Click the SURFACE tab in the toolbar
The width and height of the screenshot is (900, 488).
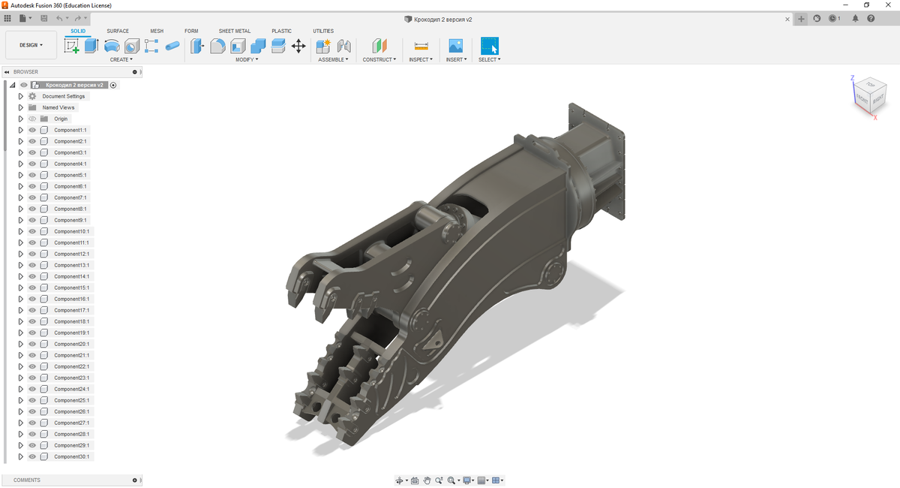[x=118, y=31]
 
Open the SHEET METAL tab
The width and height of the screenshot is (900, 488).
[x=234, y=31]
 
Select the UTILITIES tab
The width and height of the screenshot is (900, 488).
[x=323, y=31]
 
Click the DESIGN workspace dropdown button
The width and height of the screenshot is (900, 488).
[x=31, y=45]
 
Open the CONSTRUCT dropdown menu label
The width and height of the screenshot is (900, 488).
[x=379, y=59]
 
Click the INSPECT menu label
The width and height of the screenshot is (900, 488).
[x=421, y=59]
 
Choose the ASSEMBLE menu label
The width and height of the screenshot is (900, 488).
[x=333, y=59]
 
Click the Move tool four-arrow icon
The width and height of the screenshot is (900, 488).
[x=298, y=46]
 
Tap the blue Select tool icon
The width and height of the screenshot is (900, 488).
[x=489, y=46]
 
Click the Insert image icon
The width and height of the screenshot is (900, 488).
[x=456, y=46]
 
